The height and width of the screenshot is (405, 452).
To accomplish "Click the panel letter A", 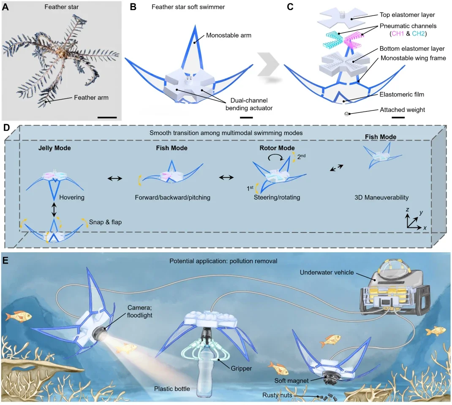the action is [5, 7].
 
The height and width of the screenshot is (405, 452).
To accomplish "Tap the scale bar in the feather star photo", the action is [107, 117].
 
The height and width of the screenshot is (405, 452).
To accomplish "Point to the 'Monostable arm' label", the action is [229, 35].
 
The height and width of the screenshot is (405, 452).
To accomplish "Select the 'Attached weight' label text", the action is [403, 110].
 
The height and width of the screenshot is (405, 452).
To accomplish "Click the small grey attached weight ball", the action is [347, 114].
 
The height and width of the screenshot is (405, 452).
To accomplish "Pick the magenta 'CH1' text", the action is [398, 34].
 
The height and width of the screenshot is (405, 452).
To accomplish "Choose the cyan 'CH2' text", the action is [418, 34].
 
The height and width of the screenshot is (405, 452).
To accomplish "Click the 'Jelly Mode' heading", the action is [54, 148].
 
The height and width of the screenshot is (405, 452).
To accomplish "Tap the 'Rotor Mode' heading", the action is [277, 148].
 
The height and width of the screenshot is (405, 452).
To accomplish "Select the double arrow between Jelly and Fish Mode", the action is [115, 178].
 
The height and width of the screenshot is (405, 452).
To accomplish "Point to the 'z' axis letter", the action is [407, 210].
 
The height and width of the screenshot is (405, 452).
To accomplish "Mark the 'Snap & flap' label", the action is [105, 222].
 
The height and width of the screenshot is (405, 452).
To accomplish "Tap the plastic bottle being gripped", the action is [206, 375].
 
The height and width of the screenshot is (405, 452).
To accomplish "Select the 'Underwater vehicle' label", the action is [327, 272].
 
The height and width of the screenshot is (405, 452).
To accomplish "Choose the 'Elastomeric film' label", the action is [402, 94].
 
